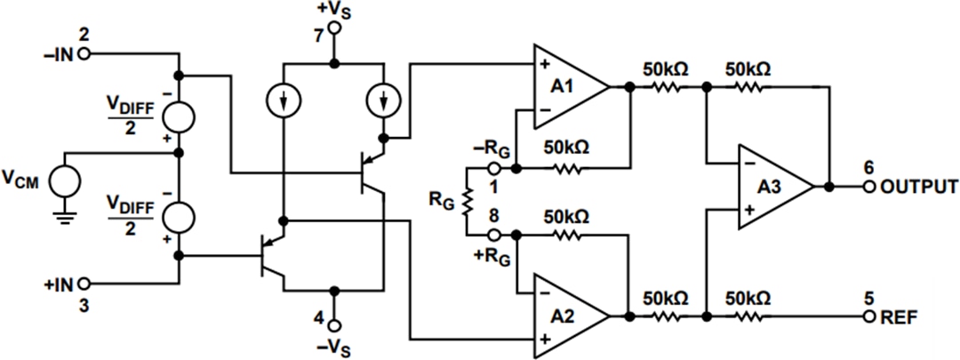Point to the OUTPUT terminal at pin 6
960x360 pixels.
click(868, 188)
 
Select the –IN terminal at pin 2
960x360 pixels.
click(85, 54)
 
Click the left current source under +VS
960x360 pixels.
click(283, 104)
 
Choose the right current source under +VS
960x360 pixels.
click(385, 104)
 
